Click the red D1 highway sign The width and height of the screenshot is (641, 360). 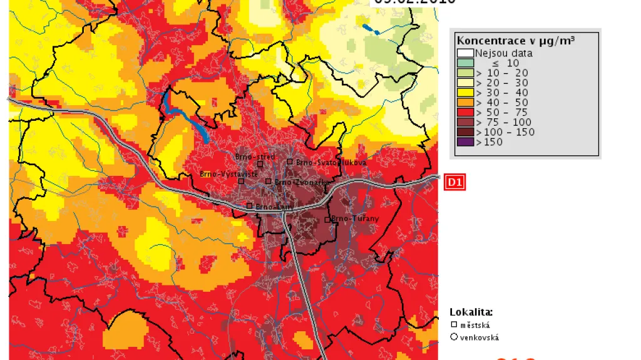(454, 182)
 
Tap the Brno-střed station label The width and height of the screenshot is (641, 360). (255, 157)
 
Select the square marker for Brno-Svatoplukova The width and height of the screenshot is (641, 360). (290, 162)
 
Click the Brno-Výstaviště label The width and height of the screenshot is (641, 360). (228, 174)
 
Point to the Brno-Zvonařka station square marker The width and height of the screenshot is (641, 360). (269, 182)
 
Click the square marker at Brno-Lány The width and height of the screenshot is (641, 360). (249, 205)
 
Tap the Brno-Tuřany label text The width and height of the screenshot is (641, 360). (356, 219)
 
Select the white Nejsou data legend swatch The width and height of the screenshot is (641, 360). (464, 53)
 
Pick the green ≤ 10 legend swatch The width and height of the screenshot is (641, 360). (464, 63)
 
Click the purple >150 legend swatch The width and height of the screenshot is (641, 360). (464, 142)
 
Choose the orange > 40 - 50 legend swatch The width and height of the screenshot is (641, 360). (464, 103)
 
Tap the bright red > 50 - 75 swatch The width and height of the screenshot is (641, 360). (464, 113)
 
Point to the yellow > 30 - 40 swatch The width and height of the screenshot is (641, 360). (464, 93)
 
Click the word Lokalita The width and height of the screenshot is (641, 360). (471, 312)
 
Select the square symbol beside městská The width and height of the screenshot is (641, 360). (454, 325)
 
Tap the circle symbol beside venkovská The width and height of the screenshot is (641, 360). (454, 337)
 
